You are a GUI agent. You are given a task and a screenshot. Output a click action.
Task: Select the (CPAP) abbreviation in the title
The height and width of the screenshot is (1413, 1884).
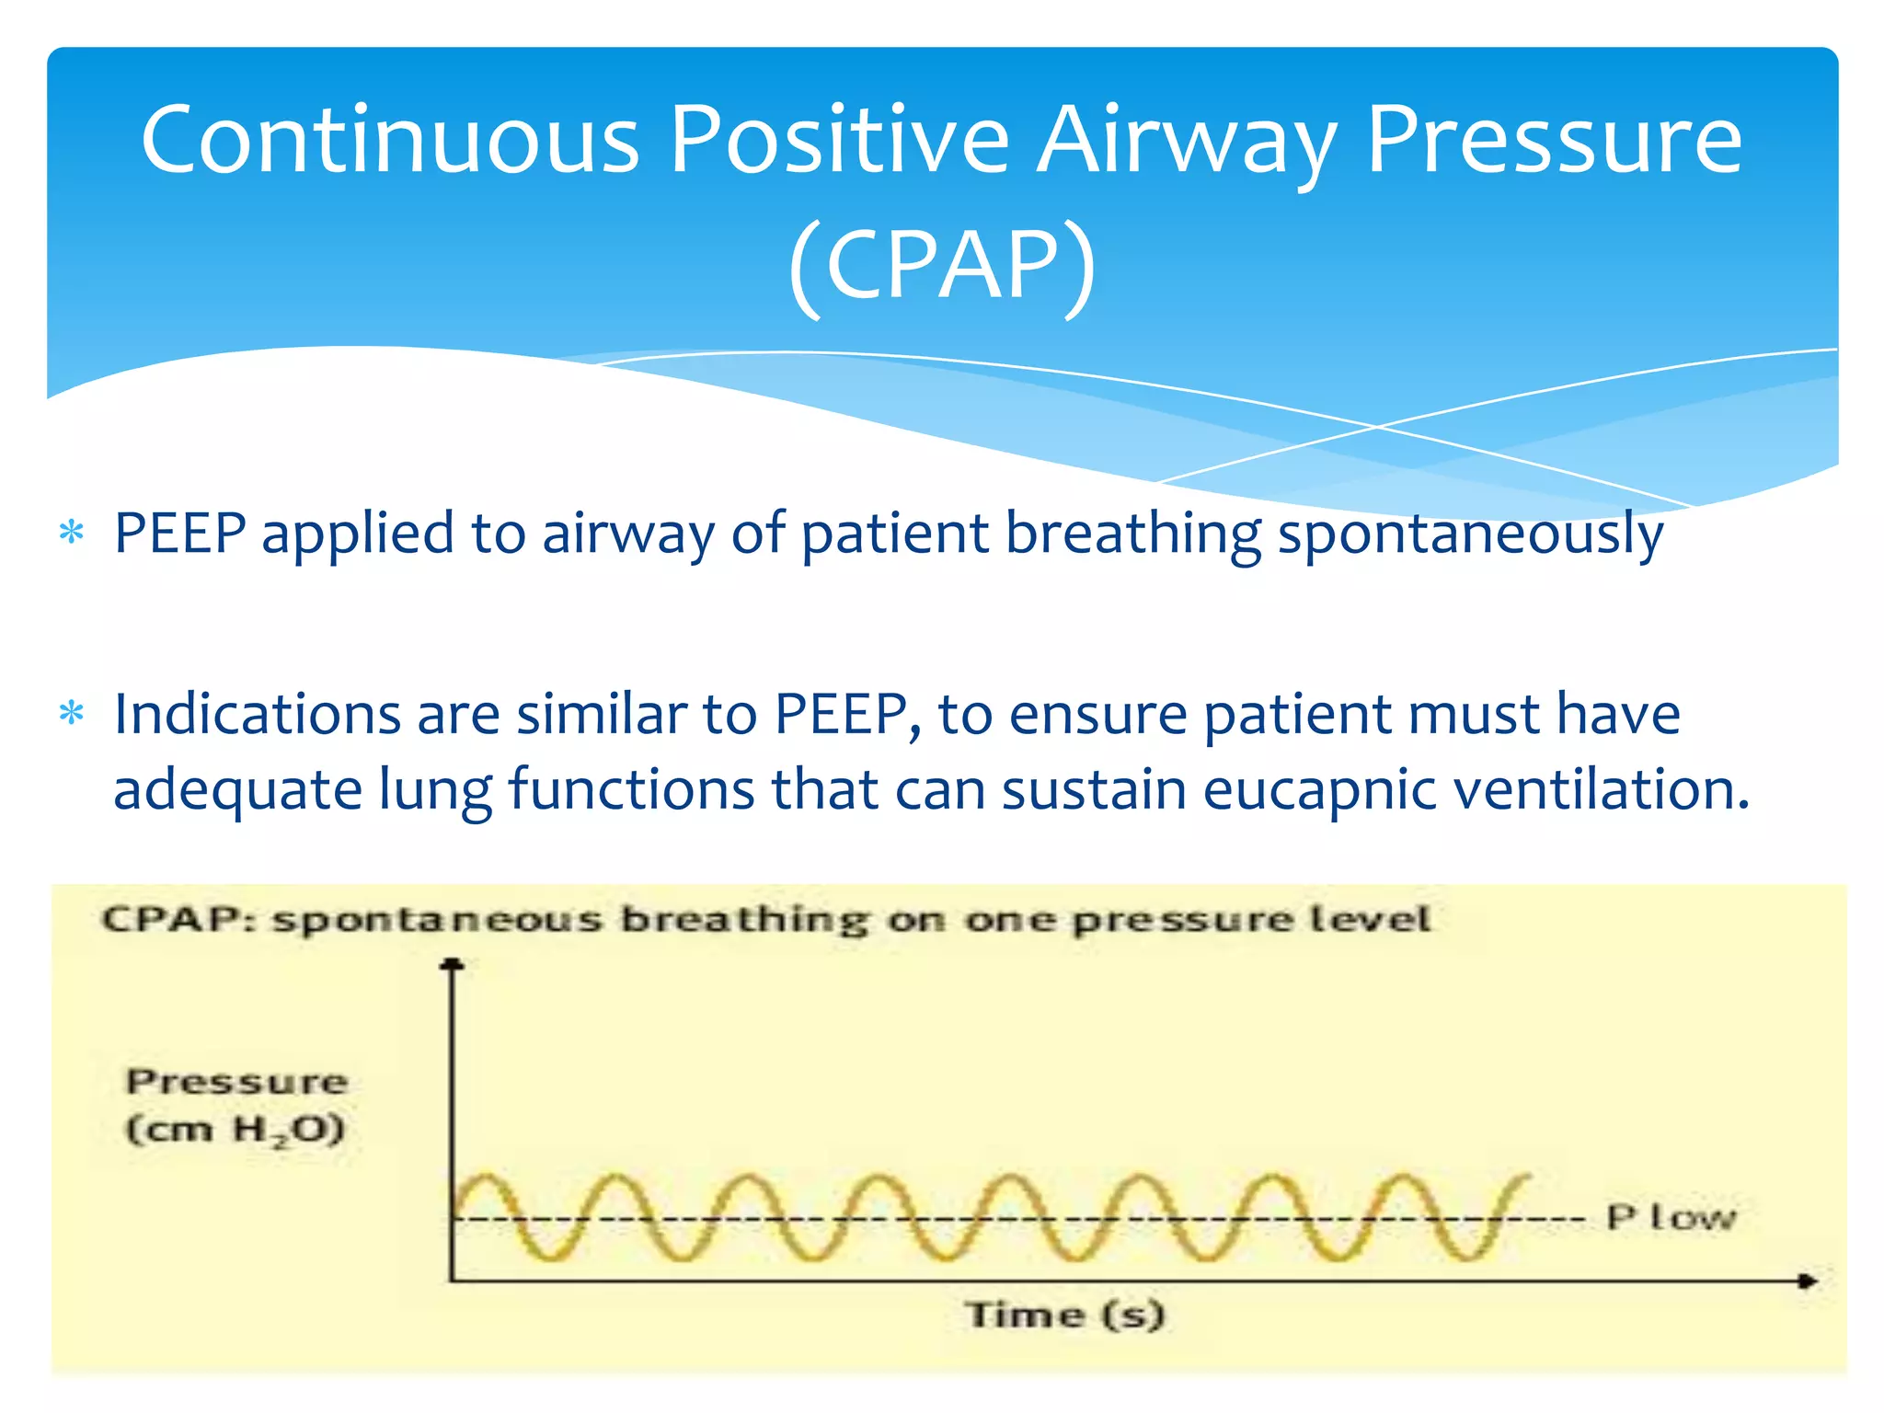tap(942, 265)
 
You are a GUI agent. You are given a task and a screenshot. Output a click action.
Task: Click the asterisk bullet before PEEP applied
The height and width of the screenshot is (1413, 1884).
tap(71, 533)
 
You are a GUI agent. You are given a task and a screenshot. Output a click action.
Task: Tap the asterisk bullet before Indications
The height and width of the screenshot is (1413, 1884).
tap(71, 714)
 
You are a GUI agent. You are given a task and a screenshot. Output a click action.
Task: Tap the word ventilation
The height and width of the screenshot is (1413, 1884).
tap(1601, 789)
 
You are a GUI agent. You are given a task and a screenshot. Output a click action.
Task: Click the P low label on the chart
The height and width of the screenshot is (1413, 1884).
tap(1670, 1217)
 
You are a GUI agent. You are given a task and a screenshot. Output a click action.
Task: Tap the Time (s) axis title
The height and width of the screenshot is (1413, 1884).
tap(1064, 1315)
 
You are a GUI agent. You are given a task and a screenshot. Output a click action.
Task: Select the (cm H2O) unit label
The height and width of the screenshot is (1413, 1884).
tap(235, 1130)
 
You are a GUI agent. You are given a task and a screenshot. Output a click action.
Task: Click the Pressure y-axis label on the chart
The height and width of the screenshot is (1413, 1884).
tap(237, 1082)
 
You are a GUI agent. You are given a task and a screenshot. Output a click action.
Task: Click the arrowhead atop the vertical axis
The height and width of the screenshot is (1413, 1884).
tap(452, 964)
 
